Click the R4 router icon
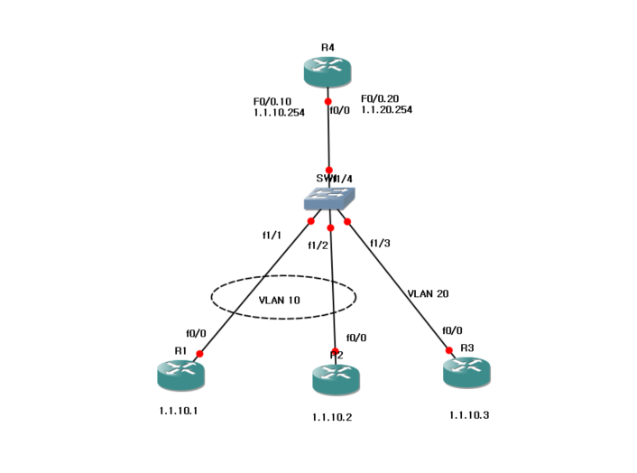[328, 72]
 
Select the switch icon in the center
[328, 199]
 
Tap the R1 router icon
[181, 375]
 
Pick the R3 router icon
[466, 372]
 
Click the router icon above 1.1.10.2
[336, 379]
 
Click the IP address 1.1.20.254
[386, 109]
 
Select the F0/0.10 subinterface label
[274, 101]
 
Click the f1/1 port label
[272, 236]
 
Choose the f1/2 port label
[318, 245]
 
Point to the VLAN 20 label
[428, 293]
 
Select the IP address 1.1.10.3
[468, 415]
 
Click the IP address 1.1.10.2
[333, 417]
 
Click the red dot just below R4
[328, 102]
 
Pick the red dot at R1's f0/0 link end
[199, 354]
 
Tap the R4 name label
[328, 46]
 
